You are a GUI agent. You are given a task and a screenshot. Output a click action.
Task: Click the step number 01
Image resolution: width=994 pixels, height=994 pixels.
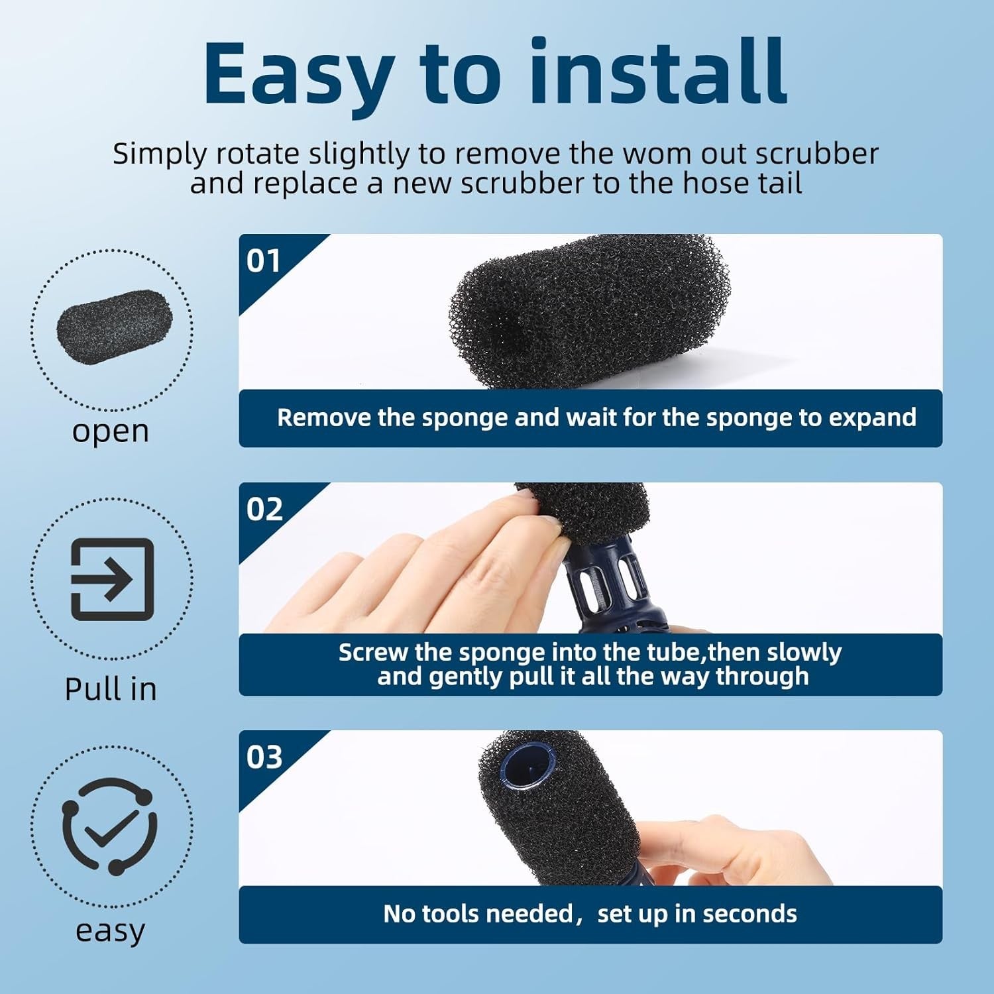(x=264, y=260)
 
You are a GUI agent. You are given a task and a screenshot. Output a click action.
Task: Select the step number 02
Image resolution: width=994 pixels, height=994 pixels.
(x=264, y=509)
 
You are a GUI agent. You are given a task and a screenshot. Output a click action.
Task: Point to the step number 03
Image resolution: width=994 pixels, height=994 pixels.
(x=264, y=757)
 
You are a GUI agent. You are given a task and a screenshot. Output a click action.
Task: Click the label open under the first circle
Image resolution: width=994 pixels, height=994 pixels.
(x=111, y=432)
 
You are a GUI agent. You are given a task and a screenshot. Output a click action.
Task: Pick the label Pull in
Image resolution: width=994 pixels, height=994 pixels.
(x=111, y=689)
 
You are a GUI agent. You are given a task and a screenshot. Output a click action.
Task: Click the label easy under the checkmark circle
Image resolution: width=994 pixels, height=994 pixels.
(x=110, y=932)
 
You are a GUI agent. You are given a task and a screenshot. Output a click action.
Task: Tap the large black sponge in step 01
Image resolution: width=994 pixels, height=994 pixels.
(x=589, y=311)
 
